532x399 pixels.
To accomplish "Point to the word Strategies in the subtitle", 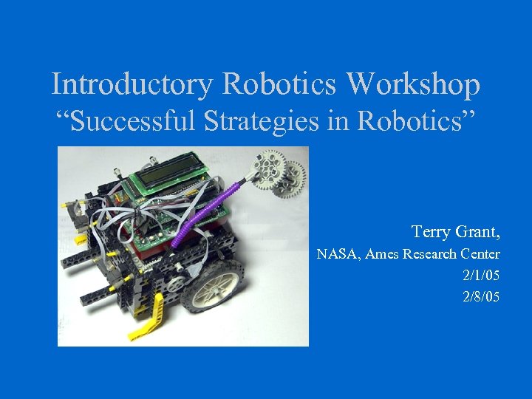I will point(276,120).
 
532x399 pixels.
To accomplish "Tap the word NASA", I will point(337,255).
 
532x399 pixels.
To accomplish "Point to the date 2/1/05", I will point(481,276).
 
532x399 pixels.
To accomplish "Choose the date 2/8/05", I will point(481,297).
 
